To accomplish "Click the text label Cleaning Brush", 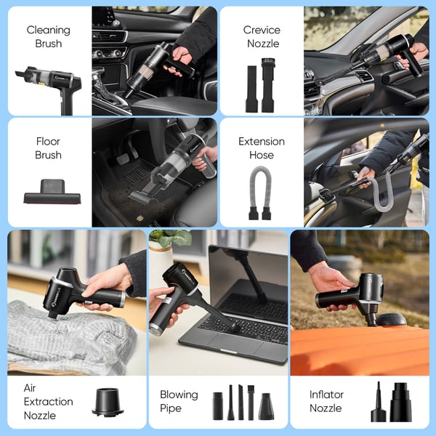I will pos(49,36).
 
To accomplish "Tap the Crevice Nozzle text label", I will pos(262,36).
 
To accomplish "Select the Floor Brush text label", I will pos(48,148).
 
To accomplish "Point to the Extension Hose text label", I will pos(262,148).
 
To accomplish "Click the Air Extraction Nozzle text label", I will pos(48,401).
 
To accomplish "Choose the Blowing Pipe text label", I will pos(179,401).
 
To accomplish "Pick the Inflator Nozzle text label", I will pos(326,401).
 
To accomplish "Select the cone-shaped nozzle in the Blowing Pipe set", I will pos(267,405).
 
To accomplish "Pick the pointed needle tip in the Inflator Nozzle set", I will pos(379,403).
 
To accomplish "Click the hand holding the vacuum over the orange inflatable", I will pos(331,280).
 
